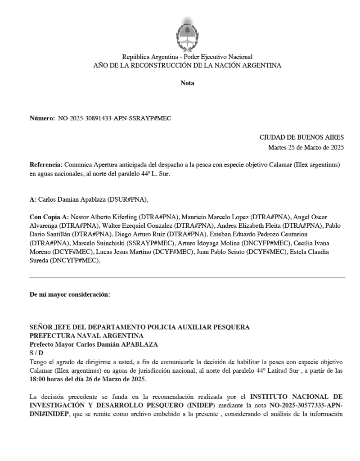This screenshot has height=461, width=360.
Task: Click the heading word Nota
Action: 187,83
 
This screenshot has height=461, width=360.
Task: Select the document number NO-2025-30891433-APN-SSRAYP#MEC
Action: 115,118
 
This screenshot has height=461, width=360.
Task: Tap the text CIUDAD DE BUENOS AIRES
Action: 301,137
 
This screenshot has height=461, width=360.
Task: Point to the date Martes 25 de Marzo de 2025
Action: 306,147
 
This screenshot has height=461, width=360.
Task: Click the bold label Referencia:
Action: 46,165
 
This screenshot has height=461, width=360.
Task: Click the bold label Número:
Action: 42,118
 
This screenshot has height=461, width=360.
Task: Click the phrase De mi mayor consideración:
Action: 69,295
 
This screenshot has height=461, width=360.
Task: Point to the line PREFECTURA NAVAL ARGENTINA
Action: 86,335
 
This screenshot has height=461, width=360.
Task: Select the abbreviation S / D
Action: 36,353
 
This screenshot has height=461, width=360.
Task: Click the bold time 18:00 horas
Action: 49,379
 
